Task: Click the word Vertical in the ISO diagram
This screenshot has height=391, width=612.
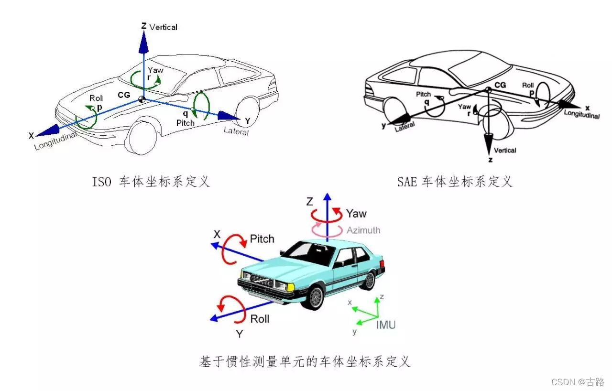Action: coord(164,27)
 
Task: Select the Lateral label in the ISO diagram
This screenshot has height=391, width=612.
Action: coord(236,130)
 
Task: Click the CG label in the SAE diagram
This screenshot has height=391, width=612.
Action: coord(500,85)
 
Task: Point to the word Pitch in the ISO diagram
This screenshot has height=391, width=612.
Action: coord(186,123)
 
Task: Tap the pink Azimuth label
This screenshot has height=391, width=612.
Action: coord(363,230)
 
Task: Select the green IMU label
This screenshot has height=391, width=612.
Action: coord(385,325)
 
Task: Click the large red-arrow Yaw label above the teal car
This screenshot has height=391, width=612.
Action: coord(356,213)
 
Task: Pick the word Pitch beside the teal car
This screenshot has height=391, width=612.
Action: coord(262,239)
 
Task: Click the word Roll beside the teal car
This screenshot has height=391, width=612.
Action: coord(260,319)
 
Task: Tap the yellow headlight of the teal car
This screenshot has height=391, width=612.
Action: coord(291,287)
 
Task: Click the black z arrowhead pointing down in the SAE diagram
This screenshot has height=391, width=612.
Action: coord(488,143)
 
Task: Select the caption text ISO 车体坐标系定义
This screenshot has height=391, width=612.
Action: coord(151,182)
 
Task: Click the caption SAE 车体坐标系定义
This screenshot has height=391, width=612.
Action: coord(454,182)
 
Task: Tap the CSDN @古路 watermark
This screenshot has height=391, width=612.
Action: coord(578,382)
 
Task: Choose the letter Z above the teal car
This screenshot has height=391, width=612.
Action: coord(309,202)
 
